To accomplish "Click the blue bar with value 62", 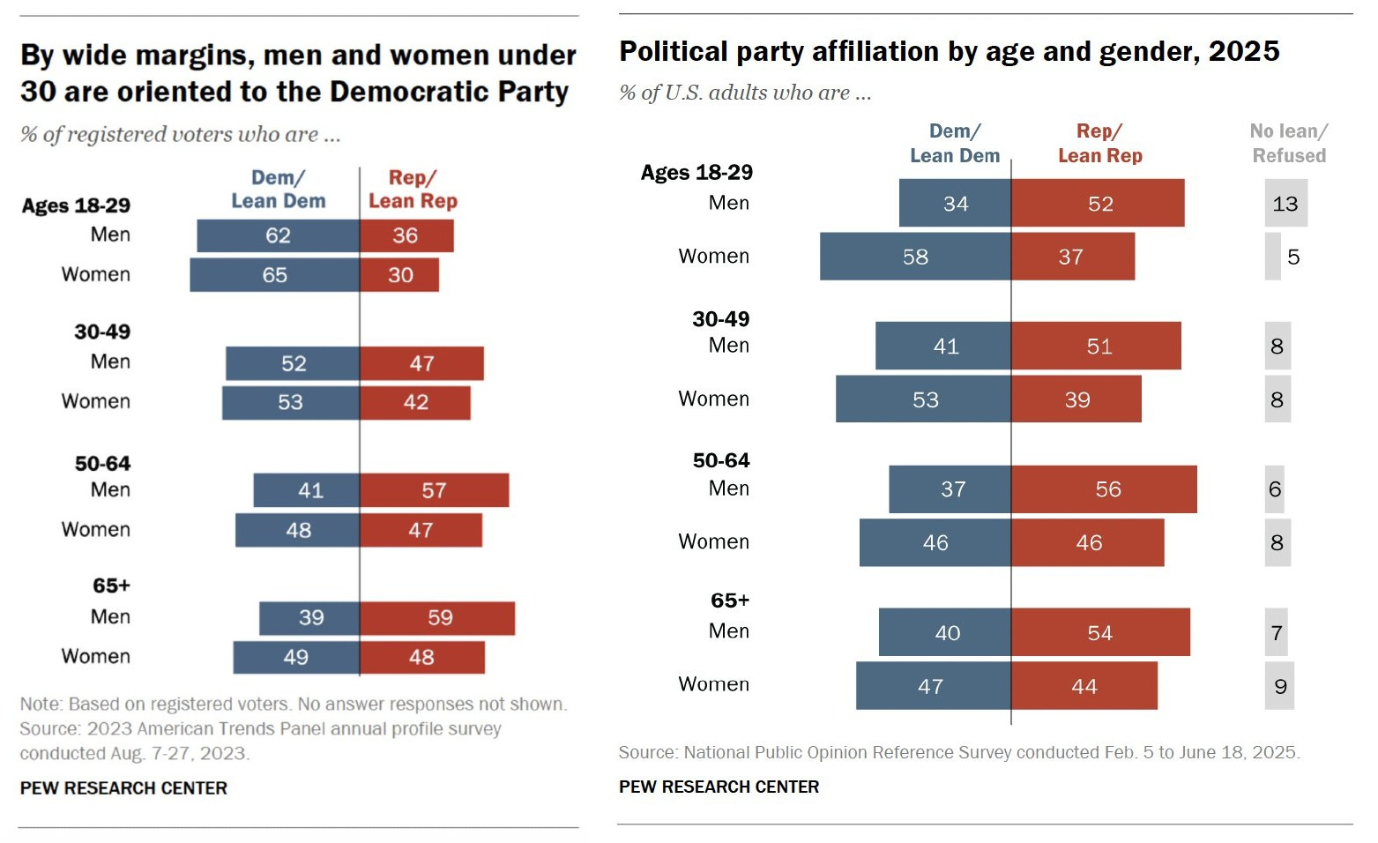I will pos(278,235).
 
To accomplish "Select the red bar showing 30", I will pos(399,275).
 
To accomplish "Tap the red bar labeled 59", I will pos(437,618).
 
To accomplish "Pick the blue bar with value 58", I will pos(915,257).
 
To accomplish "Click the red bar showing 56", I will pos(1104,489).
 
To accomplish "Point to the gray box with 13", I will pos(1285,204).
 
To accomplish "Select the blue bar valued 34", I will pos(955,204).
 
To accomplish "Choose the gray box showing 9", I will pos(1279,686).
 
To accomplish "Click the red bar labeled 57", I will pos(434,490).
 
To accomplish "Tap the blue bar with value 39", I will pos(309,618).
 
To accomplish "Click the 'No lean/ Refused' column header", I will pos(1288,143).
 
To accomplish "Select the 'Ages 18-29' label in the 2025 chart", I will pos(696,172).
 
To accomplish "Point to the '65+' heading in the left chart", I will pos(111,586).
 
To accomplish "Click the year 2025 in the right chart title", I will pos(1243,51).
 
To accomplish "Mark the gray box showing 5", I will pos(1273,257).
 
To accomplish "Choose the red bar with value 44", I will pos(1084,686).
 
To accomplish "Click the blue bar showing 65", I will pos(274,275).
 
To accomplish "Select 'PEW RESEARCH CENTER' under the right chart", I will pos(719,787).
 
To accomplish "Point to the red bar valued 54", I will pos(1100,632).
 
